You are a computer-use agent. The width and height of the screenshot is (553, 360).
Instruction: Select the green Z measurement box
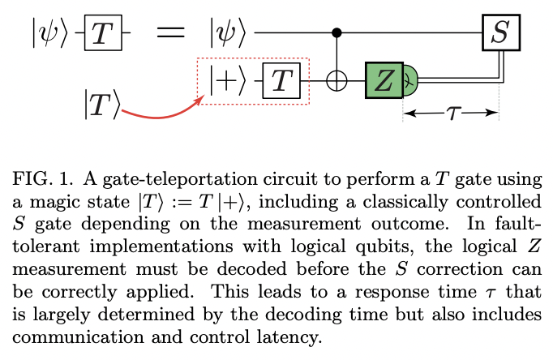point(385,79)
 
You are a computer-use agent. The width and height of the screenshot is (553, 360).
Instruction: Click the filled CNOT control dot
point(336,33)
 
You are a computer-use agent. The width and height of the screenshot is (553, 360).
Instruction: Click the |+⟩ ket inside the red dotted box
point(226,79)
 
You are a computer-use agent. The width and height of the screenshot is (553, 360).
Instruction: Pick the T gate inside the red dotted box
point(281,79)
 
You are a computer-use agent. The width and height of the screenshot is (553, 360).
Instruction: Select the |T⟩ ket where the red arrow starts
point(101,104)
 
